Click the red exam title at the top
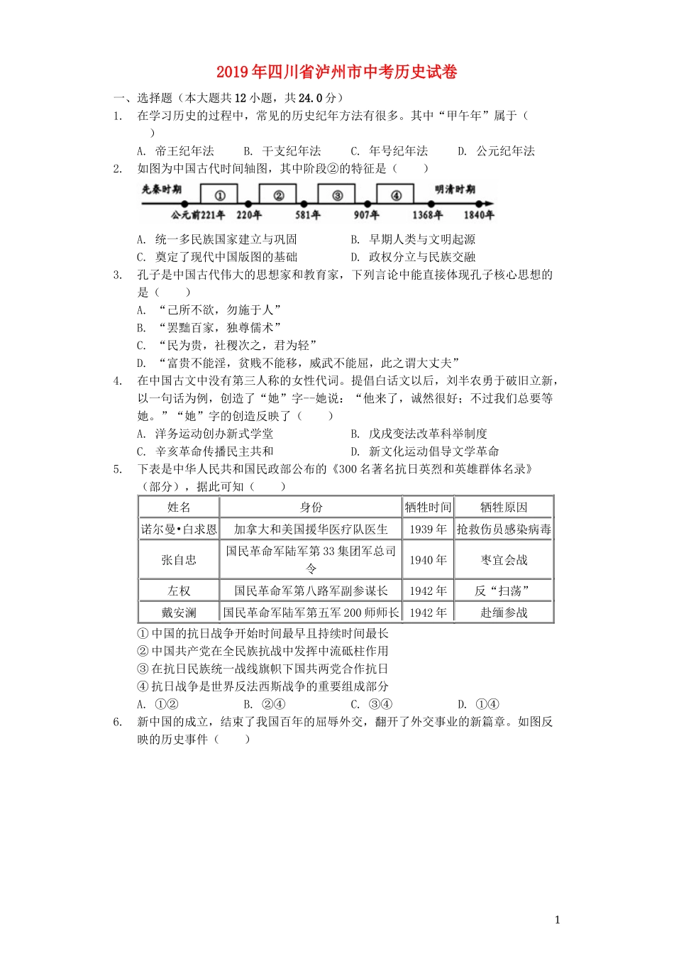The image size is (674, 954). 336,72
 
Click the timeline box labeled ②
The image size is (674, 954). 278,195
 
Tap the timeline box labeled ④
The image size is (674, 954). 395,195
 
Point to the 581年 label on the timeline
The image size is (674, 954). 307,215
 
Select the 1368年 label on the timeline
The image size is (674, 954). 427,215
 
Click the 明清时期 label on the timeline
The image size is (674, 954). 455,190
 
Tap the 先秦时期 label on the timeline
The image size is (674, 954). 161,190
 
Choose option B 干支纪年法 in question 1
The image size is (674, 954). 282,151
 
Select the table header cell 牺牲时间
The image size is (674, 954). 428,507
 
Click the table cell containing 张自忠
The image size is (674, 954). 179,560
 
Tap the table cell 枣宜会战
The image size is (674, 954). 504,560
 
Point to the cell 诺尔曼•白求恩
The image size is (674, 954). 179,530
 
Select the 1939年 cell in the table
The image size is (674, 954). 428,530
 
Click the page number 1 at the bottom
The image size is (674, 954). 557,920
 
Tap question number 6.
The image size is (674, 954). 118,722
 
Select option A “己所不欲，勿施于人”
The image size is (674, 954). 210,310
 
